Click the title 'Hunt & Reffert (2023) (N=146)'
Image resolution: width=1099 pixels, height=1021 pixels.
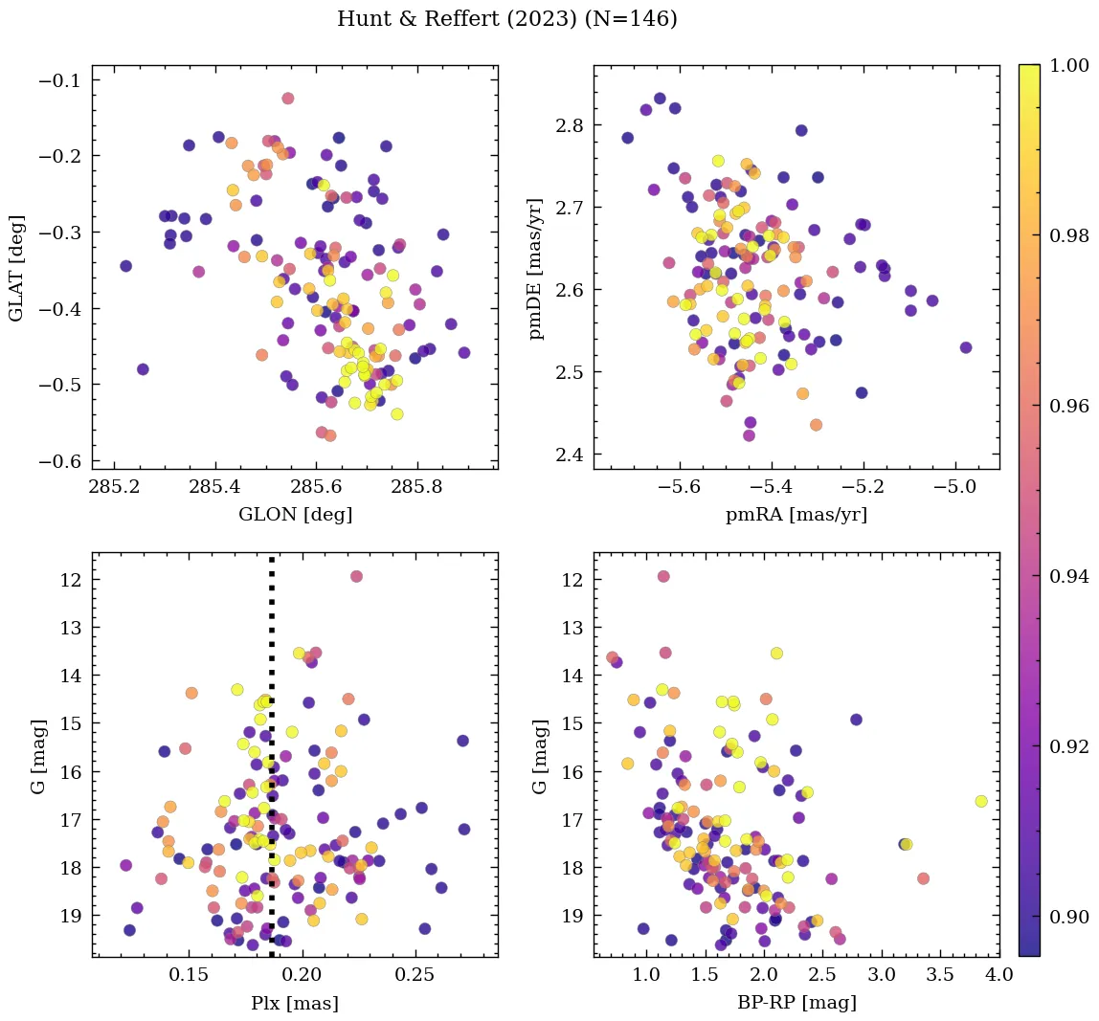pos(507,19)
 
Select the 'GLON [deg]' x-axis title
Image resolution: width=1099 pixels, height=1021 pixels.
pos(295,515)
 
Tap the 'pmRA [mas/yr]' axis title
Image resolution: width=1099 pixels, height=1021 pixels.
pos(796,515)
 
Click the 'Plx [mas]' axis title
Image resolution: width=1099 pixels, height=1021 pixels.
pos(295,1003)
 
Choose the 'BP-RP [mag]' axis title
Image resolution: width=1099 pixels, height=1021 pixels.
pos(796,1003)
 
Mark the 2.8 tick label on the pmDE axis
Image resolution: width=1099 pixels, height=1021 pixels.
pos(571,125)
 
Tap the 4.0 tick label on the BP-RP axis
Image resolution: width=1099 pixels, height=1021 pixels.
pos(999,975)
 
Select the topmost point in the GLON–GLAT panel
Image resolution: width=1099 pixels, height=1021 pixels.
pos(287,99)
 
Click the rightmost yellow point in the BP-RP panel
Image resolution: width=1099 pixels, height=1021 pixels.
pos(981,801)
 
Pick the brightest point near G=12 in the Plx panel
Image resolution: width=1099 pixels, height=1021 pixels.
pos(356,576)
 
